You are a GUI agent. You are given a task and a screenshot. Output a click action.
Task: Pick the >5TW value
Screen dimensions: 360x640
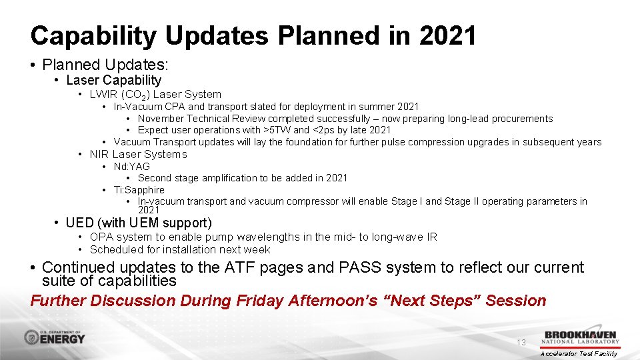click(x=277, y=130)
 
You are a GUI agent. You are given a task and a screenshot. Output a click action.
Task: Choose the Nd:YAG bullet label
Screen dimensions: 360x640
click(x=131, y=166)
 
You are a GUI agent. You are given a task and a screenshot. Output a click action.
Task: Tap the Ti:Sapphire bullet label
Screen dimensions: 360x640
click(x=139, y=189)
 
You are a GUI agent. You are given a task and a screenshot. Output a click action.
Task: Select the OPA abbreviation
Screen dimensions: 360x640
click(x=101, y=237)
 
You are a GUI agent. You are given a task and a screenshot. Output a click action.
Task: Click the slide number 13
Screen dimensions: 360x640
click(x=521, y=342)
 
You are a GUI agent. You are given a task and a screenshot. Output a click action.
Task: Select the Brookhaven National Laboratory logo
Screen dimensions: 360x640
click(x=581, y=337)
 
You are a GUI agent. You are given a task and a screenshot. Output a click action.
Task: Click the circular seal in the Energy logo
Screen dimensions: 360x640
click(x=32, y=337)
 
